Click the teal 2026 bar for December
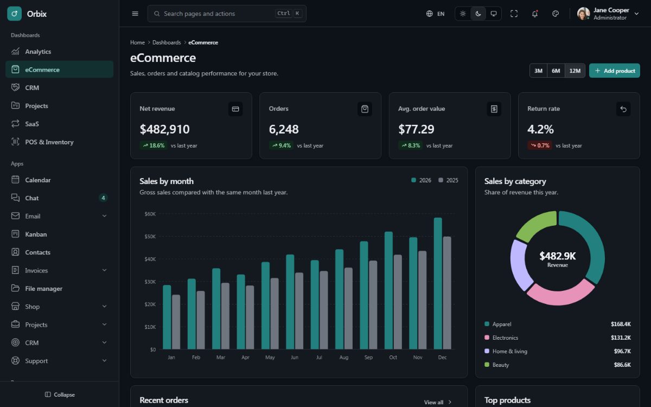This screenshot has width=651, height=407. click(438, 283)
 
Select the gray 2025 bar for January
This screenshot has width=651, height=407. click(176, 322)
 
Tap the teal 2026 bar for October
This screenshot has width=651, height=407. click(388, 290)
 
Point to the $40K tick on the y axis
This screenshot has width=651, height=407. click(150, 259)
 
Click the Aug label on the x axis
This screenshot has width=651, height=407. click(344, 357)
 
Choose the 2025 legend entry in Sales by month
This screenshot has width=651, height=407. click(448, 180)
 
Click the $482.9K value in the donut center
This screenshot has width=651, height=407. click(558, 256)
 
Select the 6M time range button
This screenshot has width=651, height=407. click(556, 71)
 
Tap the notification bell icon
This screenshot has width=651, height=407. click(535, 14)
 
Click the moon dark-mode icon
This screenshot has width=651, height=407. click(478, 14)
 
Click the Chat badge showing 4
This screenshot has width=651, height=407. click(103, 198)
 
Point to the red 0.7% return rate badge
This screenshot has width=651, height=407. click(540, 145)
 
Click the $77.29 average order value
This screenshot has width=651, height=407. click(416, 129)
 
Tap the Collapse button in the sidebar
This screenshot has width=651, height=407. click(60, 395)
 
